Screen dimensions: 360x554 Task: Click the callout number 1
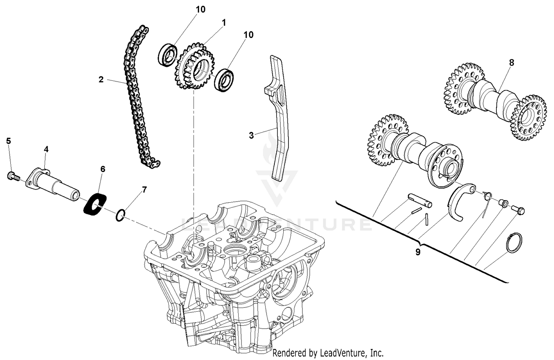[223, 23]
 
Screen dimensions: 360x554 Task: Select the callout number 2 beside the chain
[101, 79]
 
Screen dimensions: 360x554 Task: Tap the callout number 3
[251, 136]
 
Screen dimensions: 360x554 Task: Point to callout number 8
[511, 63]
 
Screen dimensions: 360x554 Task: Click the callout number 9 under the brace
[418, 252]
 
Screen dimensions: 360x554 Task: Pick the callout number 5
[8, 141]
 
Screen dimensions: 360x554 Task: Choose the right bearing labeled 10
[224, 79]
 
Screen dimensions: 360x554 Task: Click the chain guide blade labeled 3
[281, 118]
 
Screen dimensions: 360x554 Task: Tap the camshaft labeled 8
[495, 100]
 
